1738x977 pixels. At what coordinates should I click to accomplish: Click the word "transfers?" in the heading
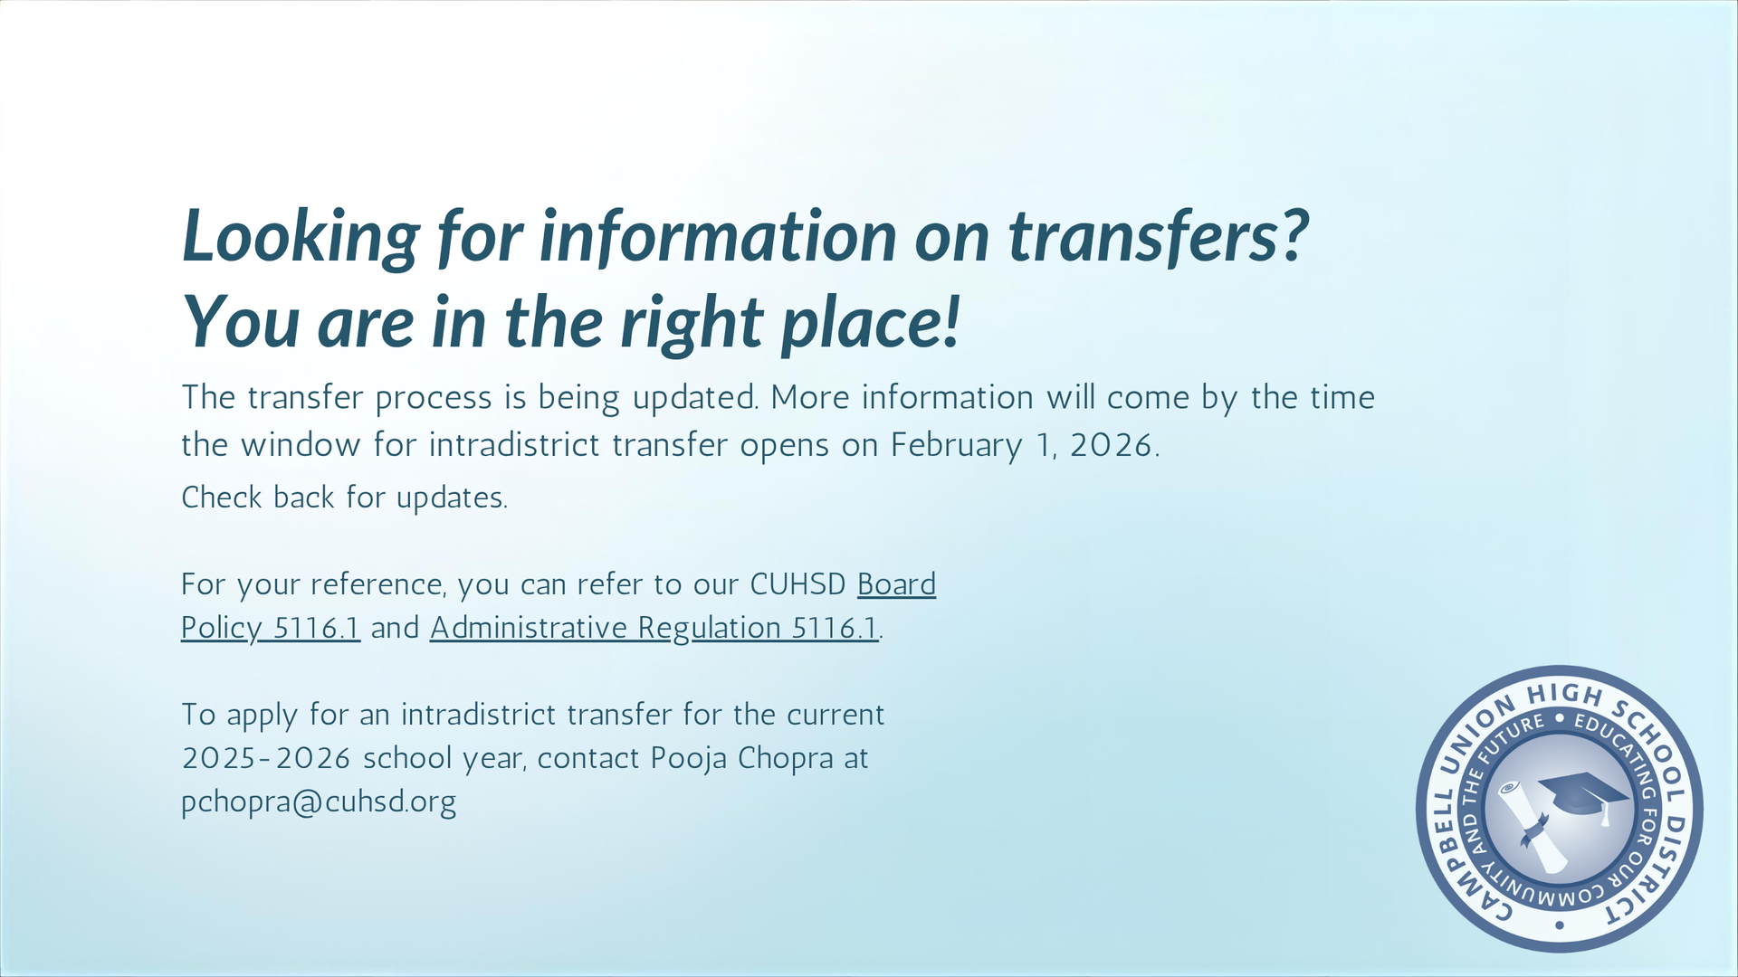pos(1159,237)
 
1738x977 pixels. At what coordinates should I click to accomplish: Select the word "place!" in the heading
pos(870,323)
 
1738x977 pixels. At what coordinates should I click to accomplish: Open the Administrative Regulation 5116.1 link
pos(654,628)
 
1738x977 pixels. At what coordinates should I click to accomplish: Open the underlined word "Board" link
pos(896,584)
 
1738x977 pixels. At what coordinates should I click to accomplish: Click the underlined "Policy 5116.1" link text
pos(271,628)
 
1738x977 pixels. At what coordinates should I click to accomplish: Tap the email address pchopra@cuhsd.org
pos(319,802)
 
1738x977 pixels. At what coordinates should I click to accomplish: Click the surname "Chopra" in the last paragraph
pos(785,758)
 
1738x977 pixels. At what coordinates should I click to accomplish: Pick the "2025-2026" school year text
pos(266,758)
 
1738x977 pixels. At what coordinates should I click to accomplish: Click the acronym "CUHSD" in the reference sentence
pos(797,584)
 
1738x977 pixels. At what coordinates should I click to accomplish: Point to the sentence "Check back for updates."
pos(344,498)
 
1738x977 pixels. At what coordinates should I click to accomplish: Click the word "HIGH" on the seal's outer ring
pos(1565,695)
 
